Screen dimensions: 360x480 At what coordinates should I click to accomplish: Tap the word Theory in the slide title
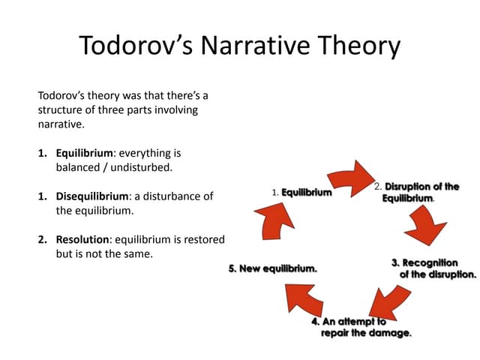[361, 46]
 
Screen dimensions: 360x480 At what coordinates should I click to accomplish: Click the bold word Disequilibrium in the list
[92, 196]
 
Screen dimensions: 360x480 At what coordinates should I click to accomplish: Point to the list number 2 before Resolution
[42, 239]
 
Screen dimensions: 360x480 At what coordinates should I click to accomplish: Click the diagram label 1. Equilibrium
[301, 193]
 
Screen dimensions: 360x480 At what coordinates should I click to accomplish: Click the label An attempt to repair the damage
[361, 327]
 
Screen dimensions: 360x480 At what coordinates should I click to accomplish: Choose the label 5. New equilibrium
[272, 268]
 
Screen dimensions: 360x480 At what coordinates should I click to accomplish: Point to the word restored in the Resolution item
[202, 239]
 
